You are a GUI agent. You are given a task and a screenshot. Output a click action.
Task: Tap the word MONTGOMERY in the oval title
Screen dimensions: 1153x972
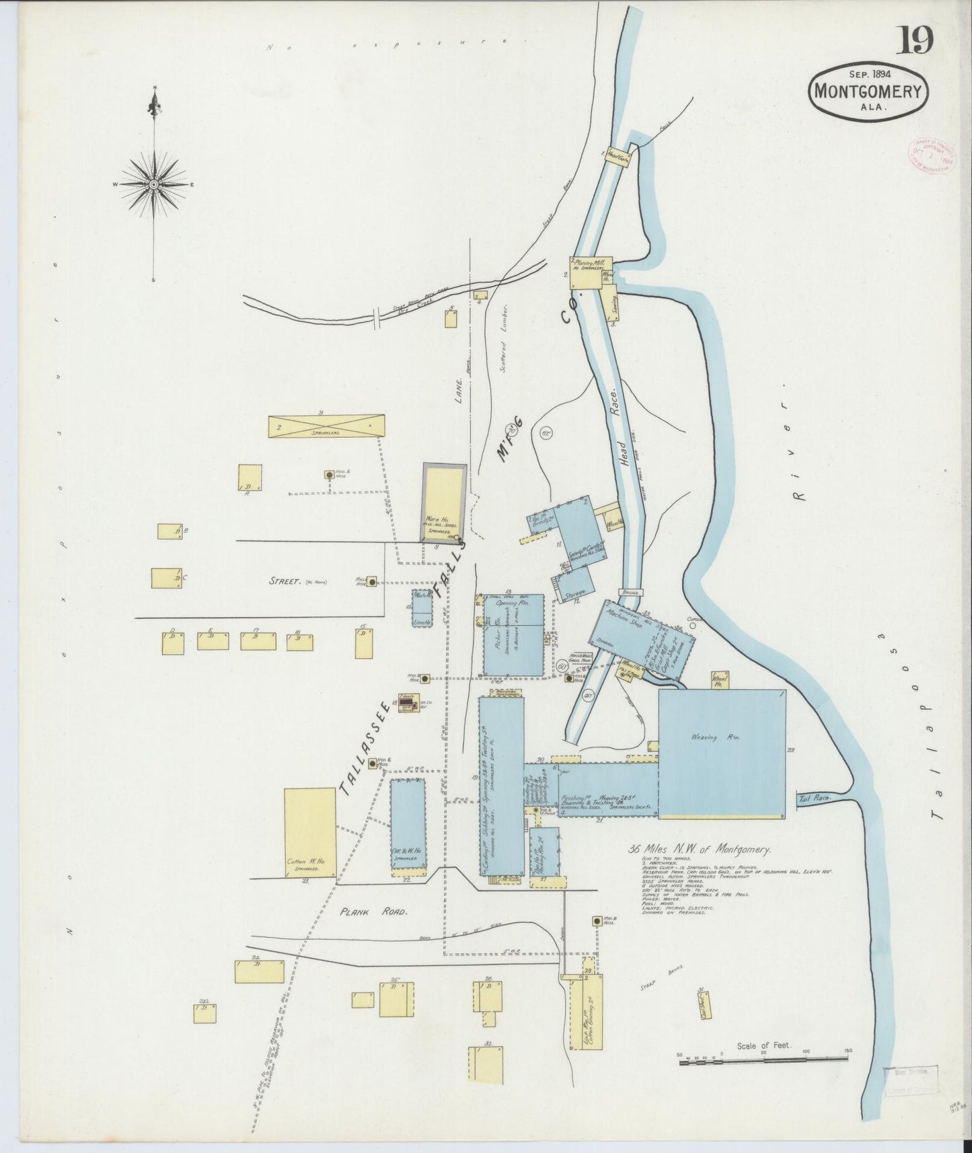(869, 91)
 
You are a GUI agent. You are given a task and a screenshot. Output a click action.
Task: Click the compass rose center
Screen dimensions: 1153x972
(154, 184)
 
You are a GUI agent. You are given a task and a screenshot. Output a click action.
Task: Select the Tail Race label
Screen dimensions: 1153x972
(814, 798)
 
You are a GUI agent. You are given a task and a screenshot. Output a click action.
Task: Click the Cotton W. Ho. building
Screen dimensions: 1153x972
(309, 831)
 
